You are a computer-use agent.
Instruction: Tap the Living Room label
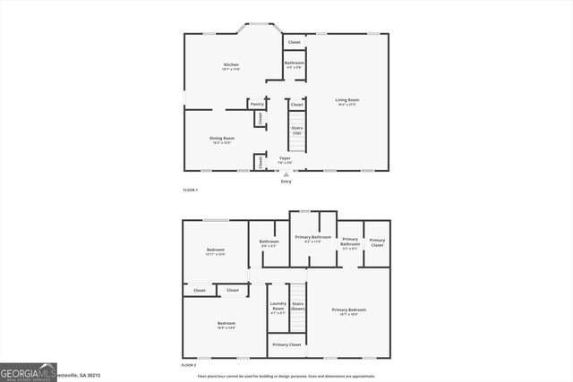(x=346, y=102)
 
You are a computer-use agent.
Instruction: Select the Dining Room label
(x=222, y=140)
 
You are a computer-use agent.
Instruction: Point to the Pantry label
(x=257, y=105)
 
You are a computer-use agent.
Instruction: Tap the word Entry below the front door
(x=286, y=182)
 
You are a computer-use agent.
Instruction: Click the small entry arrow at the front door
(x=286, y=174)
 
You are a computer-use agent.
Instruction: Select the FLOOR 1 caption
(x=190, y=191)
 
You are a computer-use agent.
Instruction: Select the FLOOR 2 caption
(x=189, y=365)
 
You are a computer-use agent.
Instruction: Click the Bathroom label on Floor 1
(x=295, y=64)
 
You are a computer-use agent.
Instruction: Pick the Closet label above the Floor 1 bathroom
(x=294, y=42)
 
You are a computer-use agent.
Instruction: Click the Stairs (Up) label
(x=296, y=131)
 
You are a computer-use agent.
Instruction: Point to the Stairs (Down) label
(x=298, y=307)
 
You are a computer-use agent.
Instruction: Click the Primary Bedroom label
(x=349, y=311)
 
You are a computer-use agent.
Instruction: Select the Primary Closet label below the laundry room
(x=286, y=344)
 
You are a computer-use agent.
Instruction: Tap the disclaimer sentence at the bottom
(x=286, y=377)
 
